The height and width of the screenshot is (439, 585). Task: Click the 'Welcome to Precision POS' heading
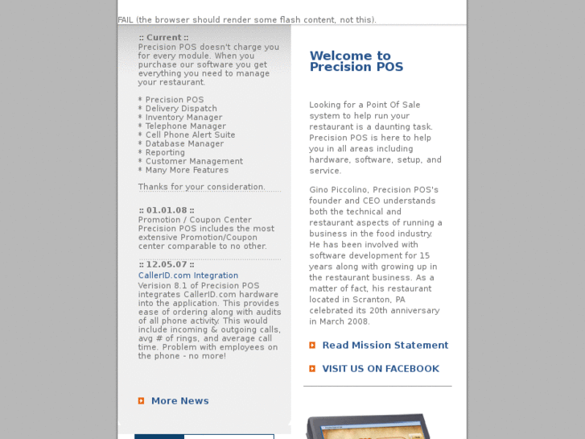(356, 61)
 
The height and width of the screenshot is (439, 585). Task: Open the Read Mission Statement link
(385, 346)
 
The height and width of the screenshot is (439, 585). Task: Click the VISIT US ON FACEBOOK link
(380, 369)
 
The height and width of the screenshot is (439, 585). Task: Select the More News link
(179, 401)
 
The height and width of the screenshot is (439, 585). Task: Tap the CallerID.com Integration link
(188, 275)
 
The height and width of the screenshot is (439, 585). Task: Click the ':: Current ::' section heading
(163, 38)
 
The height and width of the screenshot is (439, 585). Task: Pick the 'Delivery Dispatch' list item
(181, 109)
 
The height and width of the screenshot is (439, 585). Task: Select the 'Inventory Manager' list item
(183, 118)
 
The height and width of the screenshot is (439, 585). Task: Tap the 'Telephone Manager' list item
(185, 126)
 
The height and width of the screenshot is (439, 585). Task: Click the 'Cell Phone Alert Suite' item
(190, 135)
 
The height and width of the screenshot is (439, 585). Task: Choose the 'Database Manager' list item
(184, 144)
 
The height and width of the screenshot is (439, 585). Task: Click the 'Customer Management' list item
(194, 162)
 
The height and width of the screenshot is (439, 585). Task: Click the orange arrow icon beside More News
(142, 401)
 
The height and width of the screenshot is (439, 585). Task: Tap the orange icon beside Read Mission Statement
(312, 346)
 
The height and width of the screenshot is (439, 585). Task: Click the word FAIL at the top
(126, 20)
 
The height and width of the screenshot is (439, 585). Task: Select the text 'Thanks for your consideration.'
(201, 187)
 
